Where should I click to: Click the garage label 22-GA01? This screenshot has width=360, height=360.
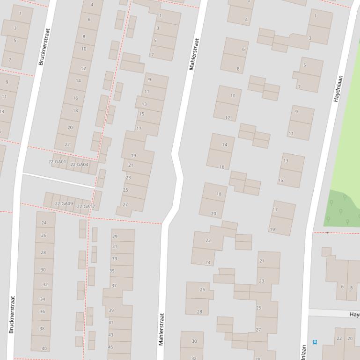pyautogui.click(x=57, y=162)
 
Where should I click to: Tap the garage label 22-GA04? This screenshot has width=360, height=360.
pyautogui.click(x=79, y=165)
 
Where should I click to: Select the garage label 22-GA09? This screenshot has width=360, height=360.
pyautogui.click(x=64, y=204)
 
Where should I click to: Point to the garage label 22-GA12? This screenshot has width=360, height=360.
pyautogui.click(x=86, y=207)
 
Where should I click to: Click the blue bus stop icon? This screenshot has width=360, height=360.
pyautogui.click(x=315, y=342)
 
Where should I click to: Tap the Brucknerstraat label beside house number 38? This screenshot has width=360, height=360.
pyautogui.click(x=12, y=314)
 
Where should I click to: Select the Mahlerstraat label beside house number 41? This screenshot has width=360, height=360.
pyautogui.click(x=161, y=329)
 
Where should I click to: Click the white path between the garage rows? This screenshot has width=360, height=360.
pyautogui.click(x=59, y=180)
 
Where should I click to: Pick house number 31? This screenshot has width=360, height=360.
pyautogui.click(x=115, y=246)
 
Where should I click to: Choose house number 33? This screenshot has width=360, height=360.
pyautogui.click(x=114, y=259)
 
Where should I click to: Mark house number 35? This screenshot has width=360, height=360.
pyautogui.click(x=112, y=271)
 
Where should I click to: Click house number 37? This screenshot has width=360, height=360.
pyautogui.click(x=114, y=286)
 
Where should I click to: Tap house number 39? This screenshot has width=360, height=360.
pyautogui.click(x=111, y=310)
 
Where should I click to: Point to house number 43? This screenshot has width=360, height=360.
pyautogui.click(x=110, y=335)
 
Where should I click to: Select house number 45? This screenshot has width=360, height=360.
pyautogui.click(x=110, y=347)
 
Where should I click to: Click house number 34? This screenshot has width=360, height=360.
pyautogui.click(x=43, y=299)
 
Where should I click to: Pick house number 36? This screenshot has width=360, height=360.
pyautogui.click(x=42, y=311)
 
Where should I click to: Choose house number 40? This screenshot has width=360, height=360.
pyautogui.click(x=44, y=348)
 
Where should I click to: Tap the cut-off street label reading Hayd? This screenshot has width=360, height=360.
pyautogui.click(x=354, y=315)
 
